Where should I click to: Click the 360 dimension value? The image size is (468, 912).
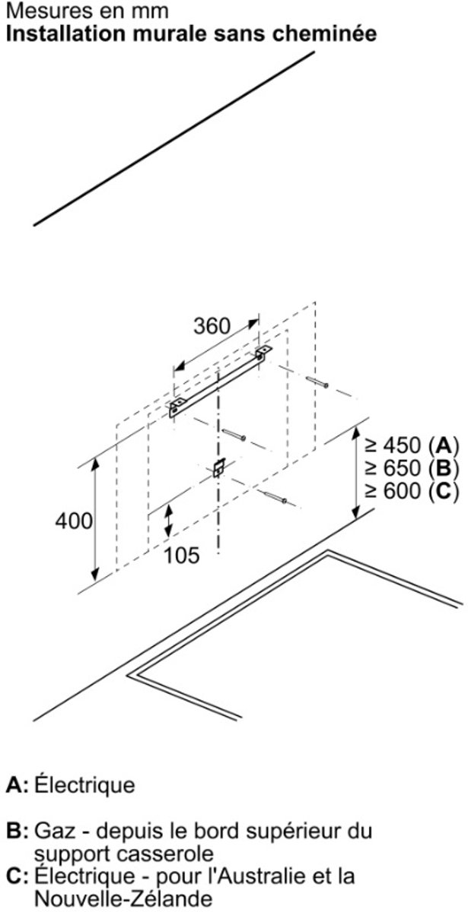click(x=212, y=326)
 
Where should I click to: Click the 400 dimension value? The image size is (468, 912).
click(x=75, y=521)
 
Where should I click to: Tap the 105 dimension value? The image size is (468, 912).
click(x=181, y=555)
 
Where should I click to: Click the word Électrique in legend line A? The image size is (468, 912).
click(x=84, y=784)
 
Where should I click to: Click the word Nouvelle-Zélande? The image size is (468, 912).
click(x=123, y=898)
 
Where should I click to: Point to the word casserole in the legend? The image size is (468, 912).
click(x=162, y=853)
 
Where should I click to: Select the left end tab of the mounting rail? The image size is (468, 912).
click(x=177, y=407)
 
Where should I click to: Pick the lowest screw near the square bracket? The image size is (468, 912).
click(x=275, y=498)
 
